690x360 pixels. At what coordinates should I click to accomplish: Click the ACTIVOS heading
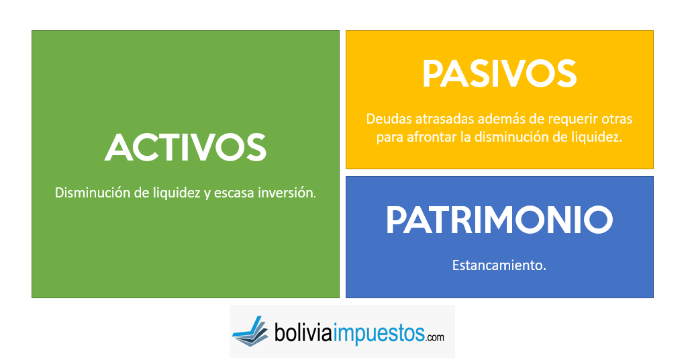click(x=185, y=147)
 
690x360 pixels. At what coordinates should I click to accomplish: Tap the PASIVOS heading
click(x=499, y=74)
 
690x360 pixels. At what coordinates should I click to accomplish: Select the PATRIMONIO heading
click(x=499, y=219)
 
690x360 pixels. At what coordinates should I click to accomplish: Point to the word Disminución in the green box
click(x=93, y=192)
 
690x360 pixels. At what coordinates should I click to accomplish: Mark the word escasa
click(x=234, y=193)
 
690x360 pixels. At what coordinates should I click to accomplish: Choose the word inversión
click(x=287, y=192)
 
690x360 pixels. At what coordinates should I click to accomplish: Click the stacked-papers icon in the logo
click(x=250, y=331)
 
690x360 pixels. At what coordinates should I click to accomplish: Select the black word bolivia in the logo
click(x=303, y=332)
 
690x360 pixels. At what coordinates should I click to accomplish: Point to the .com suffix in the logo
click(x=435, y=337)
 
